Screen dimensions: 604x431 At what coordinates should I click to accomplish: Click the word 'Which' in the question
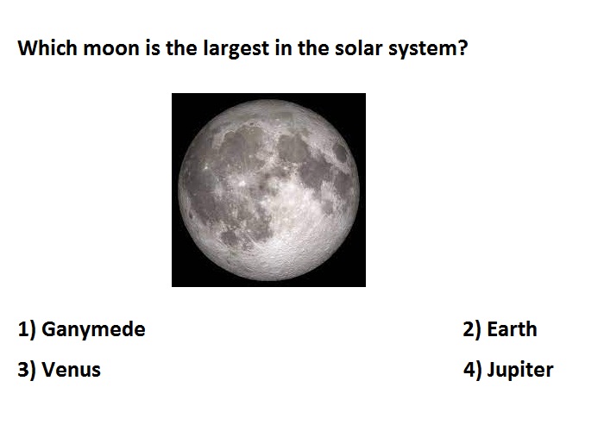(47, 48)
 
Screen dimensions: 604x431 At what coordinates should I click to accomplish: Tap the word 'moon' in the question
(111, 49)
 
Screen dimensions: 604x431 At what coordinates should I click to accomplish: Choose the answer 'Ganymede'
(93, 330)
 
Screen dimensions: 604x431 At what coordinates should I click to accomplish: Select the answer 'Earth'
(512, 329)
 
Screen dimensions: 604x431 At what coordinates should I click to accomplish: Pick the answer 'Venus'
(72, 370)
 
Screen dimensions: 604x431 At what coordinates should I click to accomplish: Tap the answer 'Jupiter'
(520, 371)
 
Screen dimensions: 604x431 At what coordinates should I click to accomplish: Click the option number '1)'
(27, 330)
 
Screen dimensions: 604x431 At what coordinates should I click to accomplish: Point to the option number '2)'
(472, 330)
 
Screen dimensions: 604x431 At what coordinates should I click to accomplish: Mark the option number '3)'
(27, 370)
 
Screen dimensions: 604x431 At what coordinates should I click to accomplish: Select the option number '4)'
(472, 370)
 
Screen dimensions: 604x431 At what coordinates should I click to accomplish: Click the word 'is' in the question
(153, 48)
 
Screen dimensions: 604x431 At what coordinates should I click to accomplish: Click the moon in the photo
(268, 190)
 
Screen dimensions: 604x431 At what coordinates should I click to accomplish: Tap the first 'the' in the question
(181, 48)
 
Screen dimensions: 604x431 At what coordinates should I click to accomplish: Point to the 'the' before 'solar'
(313, 48)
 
